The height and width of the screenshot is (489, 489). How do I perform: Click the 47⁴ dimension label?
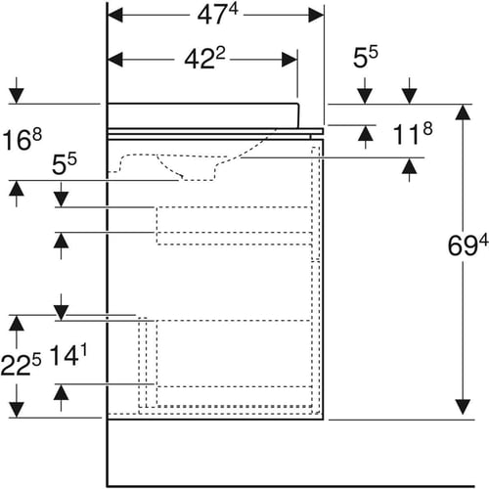pyautogui.click(x=217, y=15)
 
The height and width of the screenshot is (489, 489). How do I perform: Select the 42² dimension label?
pyautogui.click(x=204, y=59)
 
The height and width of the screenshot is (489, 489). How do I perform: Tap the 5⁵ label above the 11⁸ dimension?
pyautogui.click(x=366, y=57)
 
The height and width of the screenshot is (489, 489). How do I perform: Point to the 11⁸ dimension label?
pyautogui.click(x=413, y=134)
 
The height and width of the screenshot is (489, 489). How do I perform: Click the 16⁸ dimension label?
pyautogui.click(x=22, y=139)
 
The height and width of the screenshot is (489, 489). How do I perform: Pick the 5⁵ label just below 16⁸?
pyautogui.click(x=65, y=163)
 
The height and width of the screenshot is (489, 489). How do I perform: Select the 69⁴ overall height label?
pyautogui.click(x=467, y=245)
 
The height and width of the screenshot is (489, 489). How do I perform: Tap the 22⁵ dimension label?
pyautogui.click(x=21, y=365)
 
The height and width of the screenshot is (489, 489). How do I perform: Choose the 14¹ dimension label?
pyautogui.click(x=68, y=355)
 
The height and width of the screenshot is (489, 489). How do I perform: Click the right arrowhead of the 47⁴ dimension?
pyautogui.click(x=316, y=15)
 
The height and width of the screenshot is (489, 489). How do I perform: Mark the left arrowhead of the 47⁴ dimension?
pyautogui.click(x=115, y=15)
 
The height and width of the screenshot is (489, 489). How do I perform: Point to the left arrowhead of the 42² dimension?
pyautogui.click(x=115, y=60)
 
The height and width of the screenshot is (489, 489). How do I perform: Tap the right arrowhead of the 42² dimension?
pyautogui.click(x=289, y=60)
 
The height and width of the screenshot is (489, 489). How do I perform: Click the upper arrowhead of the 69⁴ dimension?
pyautogui.click(x=463, y=112)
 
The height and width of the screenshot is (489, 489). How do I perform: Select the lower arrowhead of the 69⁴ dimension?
pyautogui.click(x=463, y=407)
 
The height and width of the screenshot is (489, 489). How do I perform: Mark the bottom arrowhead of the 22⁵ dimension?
pyautogui.click(x=17, y=410)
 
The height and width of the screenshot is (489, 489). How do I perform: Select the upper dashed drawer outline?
pyautogui.click(x=234, y=226)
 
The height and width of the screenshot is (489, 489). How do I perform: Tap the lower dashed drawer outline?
pyautogui.click(x=234, y=364)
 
